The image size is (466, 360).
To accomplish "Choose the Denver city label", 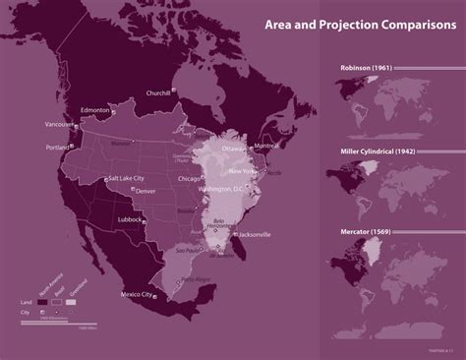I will click(146, 190).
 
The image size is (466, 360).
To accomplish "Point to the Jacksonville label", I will click(254, 234).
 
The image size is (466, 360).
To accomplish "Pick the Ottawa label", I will click(233, 149).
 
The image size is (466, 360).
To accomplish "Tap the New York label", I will click(241, 171).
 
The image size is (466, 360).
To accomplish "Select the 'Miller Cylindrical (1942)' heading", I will click(376, 151).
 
